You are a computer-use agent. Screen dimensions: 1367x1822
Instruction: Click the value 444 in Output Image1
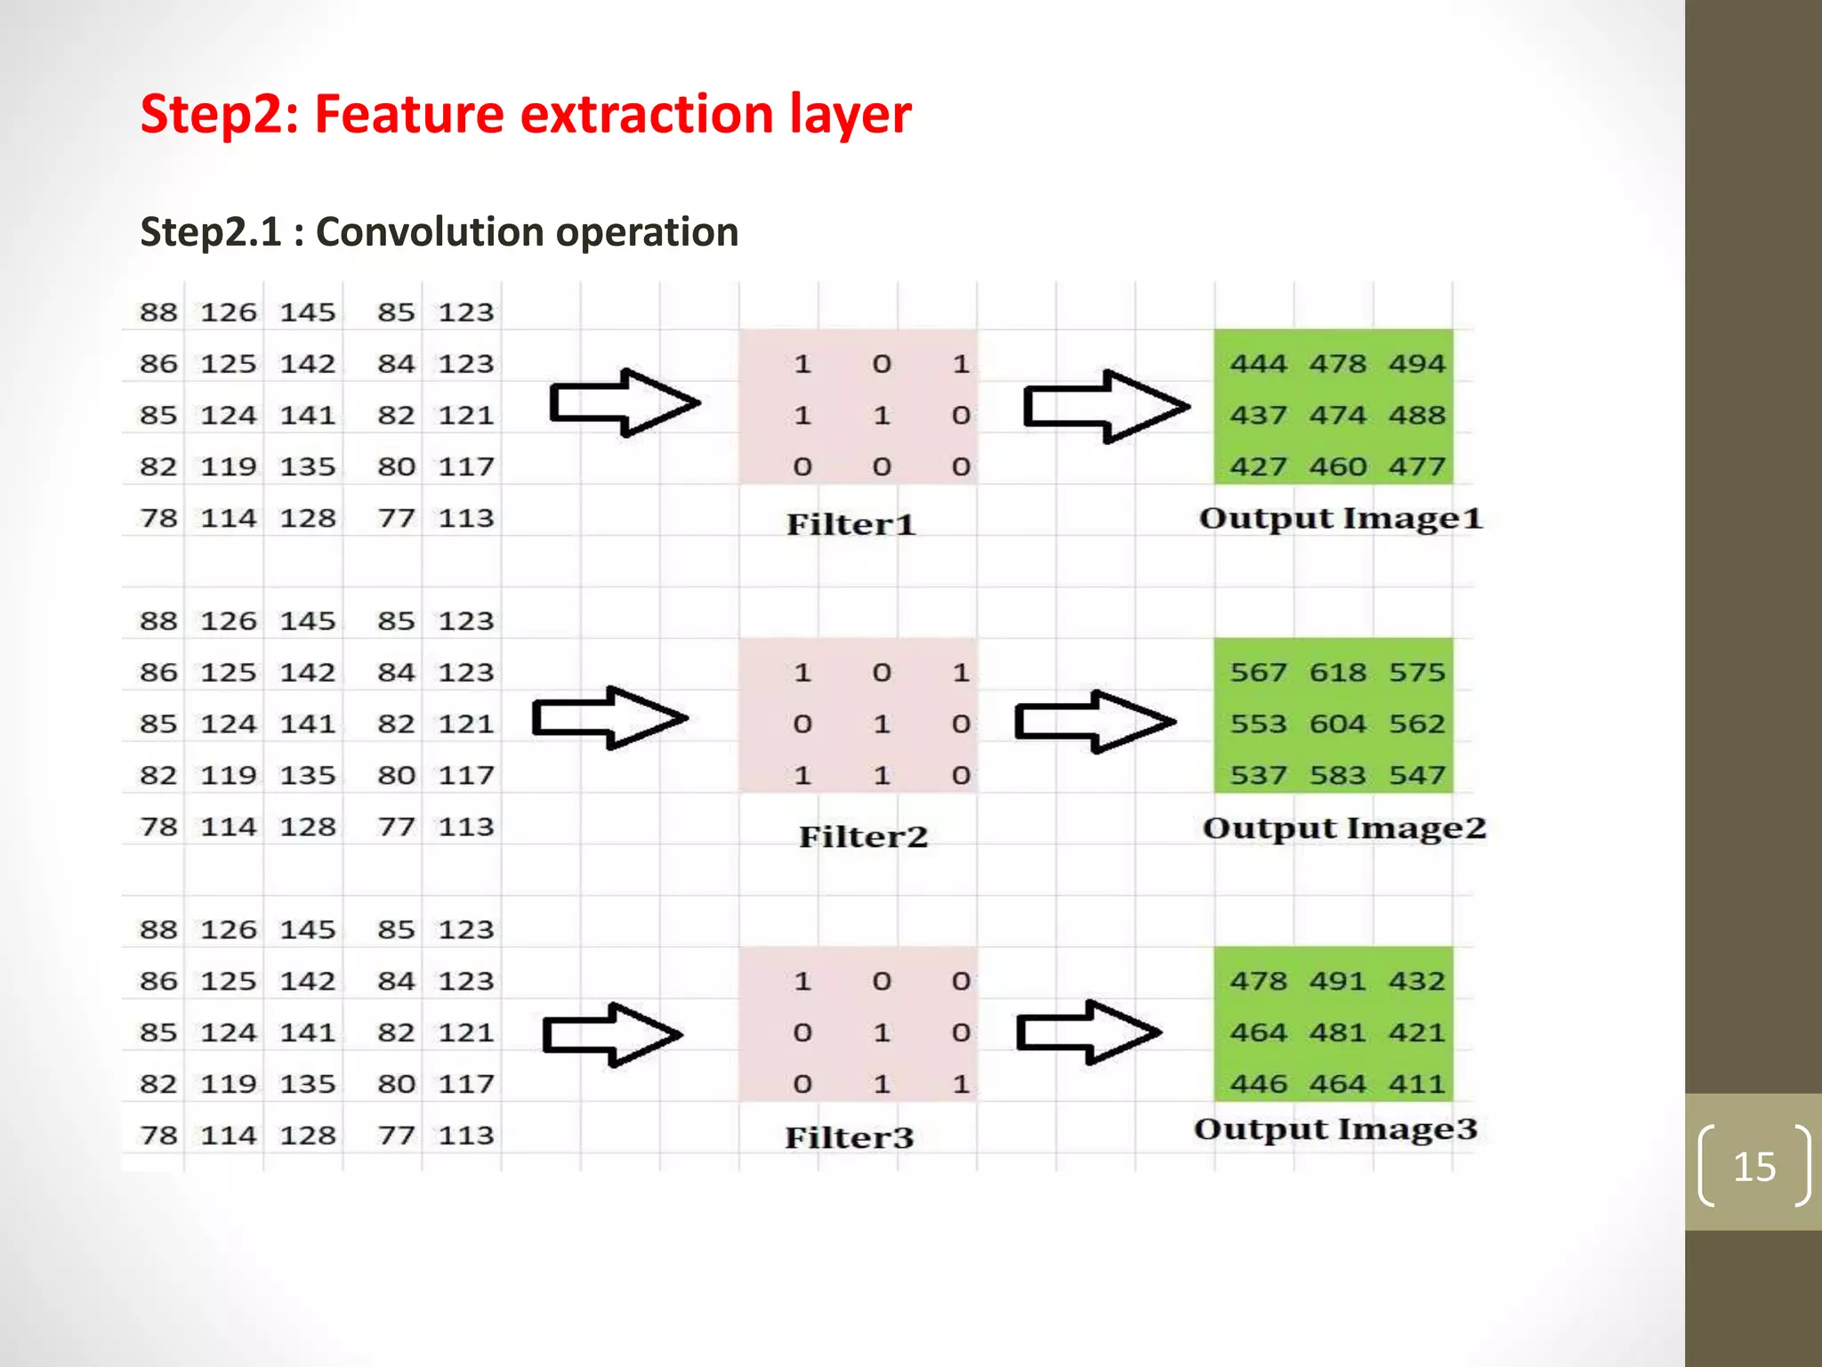(1258, 364)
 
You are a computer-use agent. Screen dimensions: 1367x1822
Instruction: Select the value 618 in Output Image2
(1337, 672)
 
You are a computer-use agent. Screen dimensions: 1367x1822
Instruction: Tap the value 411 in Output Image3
(1416, 1084)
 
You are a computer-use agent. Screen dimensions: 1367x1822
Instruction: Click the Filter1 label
(851, 524)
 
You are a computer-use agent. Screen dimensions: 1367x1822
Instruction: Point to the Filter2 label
(863, 837)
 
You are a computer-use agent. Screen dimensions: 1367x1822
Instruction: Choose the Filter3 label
(849, 1137)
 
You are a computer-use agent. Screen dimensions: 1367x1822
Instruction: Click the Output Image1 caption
(1341, 519)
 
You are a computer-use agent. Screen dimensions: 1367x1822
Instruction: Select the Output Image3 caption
(1335, 1129)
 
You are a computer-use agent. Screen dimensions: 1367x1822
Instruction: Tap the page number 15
(1753, 1166)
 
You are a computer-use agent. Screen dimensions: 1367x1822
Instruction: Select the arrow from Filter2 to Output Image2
(1095, 721)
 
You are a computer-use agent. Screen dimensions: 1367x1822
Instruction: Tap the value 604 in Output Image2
(1337, 724)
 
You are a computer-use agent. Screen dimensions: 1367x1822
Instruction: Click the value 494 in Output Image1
(1416, 364)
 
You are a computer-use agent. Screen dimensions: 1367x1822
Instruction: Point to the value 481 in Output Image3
(1337, 1032)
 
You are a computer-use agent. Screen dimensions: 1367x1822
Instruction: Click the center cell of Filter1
(881, 416)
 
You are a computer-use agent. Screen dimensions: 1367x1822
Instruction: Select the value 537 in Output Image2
(1258, 775)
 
